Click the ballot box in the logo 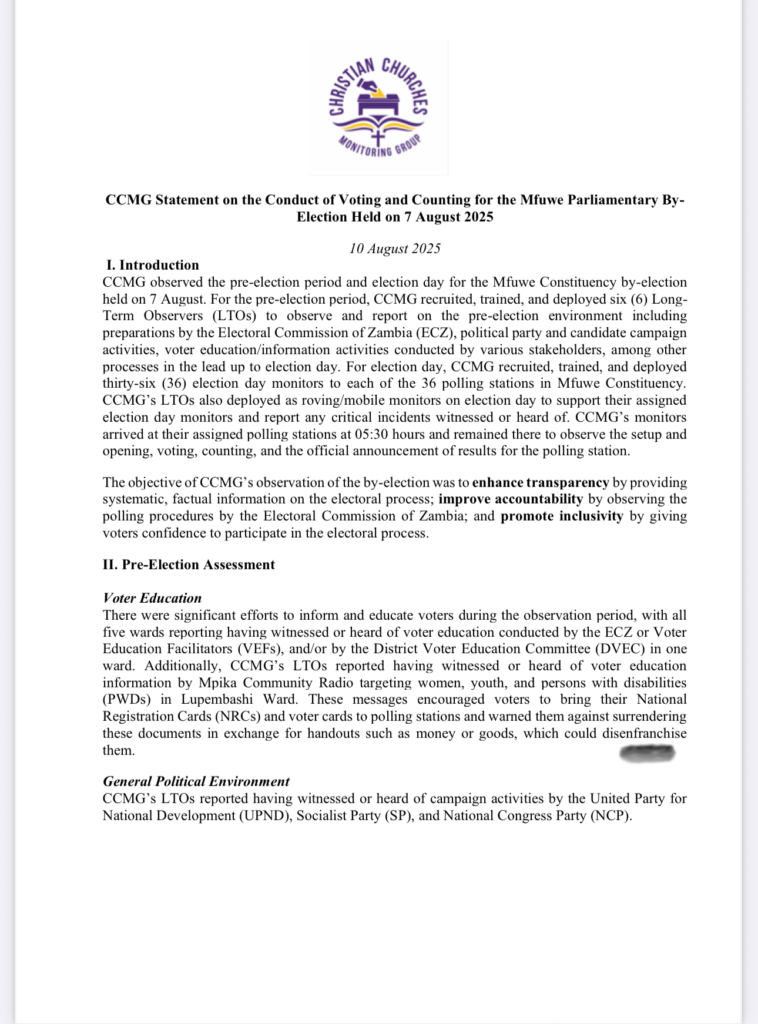378,105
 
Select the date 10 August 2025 395,249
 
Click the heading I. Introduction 153,265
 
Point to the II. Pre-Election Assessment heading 189,565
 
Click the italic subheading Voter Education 152,598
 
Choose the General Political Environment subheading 196,781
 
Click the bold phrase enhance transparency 541,482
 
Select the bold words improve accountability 511,499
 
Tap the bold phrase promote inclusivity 562,516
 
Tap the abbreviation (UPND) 264,815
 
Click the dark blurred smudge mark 648,753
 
